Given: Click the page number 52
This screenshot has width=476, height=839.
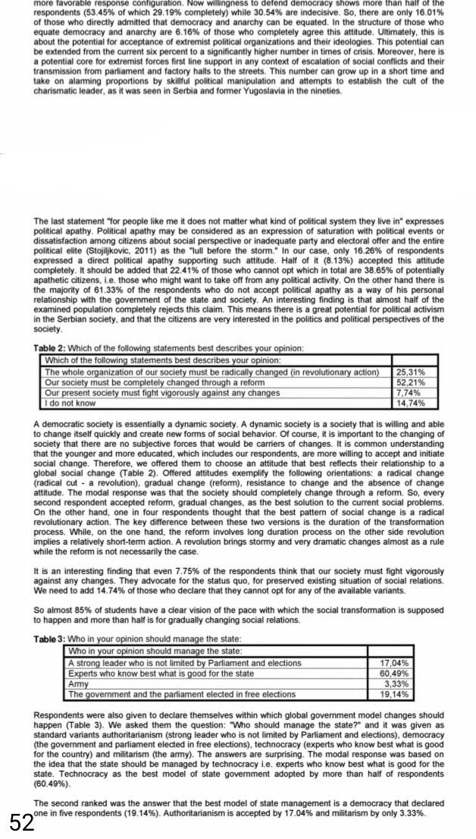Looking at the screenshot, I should [x=23, y=821].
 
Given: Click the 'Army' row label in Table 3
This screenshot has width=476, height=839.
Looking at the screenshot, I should [x=79, y=683].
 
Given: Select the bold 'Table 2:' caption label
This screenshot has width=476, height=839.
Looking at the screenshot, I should [x=50, y=348].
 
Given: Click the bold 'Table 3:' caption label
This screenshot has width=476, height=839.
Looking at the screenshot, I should [x=50, y=639].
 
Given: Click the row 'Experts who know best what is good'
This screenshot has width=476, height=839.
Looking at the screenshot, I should [x=161, y=674].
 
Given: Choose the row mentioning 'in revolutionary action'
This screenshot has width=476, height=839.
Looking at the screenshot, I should [x=211, y=372].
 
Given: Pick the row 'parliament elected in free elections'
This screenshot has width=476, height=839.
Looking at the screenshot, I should [x=182, y=694].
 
